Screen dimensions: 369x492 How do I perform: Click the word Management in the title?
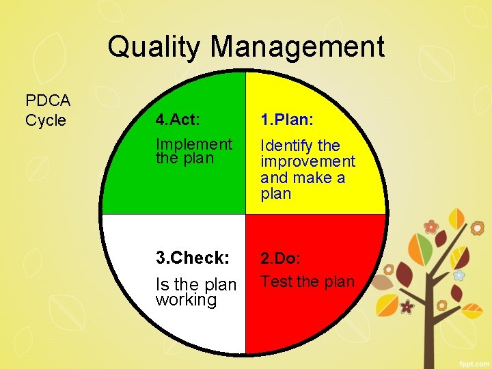click(297, 48)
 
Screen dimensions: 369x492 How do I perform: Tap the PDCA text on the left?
click(48, 101)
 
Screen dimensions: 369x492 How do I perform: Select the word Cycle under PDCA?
click(46, 121)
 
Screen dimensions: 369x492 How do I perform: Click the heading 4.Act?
click(178, 120)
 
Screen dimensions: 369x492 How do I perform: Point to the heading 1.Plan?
click(287, 120)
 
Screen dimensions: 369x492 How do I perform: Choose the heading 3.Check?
click(192, 258)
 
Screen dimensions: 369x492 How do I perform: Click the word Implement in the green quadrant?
click(194, 144)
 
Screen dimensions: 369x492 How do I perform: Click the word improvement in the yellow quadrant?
click(308, 162)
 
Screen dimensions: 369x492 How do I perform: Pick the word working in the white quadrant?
click(186, 300)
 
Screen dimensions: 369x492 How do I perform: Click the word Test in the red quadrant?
click(276, 282)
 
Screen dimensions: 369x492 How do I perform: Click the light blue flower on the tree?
click(459, 275)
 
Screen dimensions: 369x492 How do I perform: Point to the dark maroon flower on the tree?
click(407, 307)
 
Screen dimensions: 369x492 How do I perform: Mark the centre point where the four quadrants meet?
click(245, 214)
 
